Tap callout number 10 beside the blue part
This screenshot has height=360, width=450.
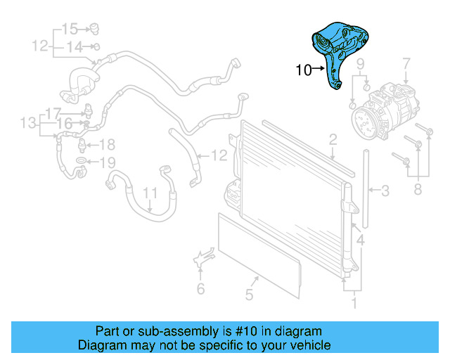tap(303, 70)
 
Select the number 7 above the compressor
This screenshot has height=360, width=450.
tap(406, 67)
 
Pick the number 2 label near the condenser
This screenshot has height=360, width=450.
tap(333, 139)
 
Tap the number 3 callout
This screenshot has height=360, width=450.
tap(385, 190)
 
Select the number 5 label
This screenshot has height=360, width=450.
tap(248, 294)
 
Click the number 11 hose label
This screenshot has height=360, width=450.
tap(150, 193)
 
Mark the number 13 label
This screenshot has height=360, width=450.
tap(27, 124)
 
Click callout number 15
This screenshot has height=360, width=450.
tap(69, 29)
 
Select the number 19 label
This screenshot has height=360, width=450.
tap(105, 163)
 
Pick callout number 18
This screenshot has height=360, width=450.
tap(105, 145)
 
